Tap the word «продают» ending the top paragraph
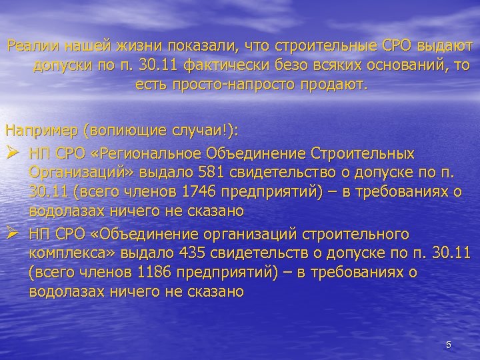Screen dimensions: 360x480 (x=334, y=85)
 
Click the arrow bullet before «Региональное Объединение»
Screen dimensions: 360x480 (x=13, y=153)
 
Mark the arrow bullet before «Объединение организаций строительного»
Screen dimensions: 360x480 (x=13, y=234)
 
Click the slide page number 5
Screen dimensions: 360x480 (x=449, y=345)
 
